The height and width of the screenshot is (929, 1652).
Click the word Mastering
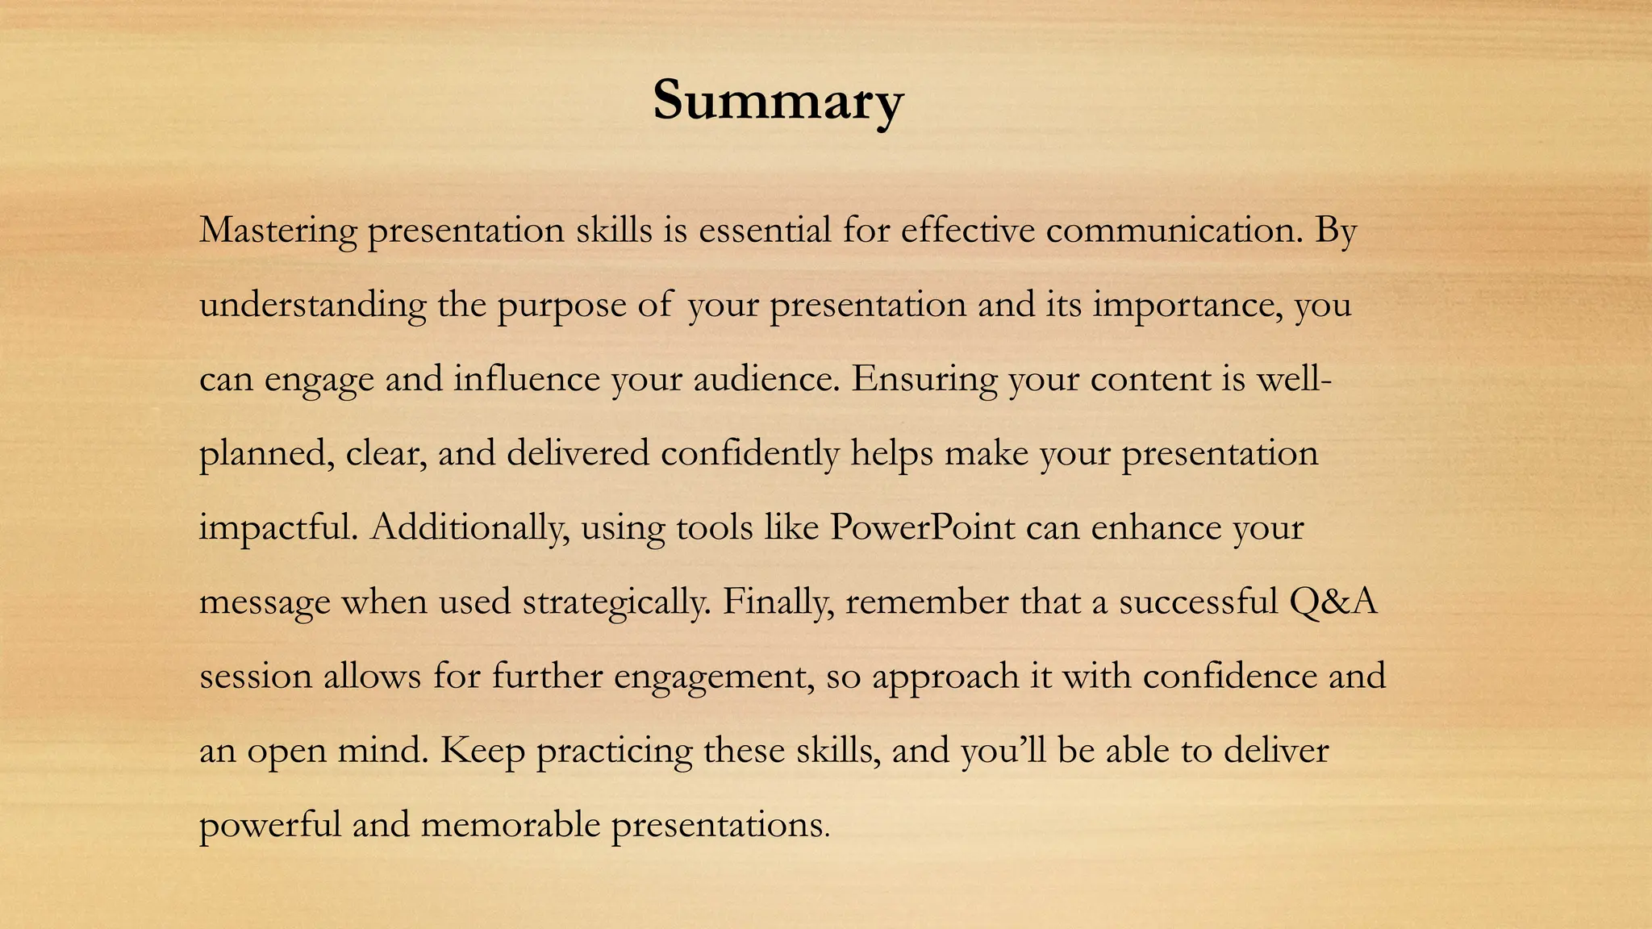point(277,231)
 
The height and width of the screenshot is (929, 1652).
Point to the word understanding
point(312,306)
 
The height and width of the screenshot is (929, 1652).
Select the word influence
point(526,379)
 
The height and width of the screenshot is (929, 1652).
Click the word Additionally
point(469,528)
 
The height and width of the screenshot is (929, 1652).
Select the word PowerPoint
point(922,528)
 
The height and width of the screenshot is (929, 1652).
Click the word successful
point(1198,602)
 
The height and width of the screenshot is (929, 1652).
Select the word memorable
point(511,825)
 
